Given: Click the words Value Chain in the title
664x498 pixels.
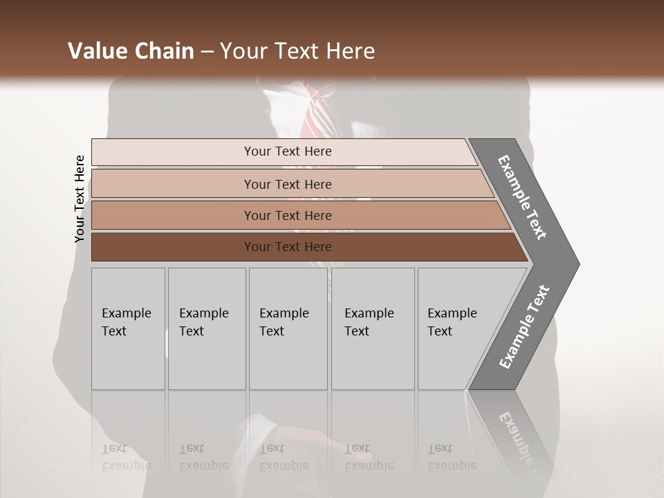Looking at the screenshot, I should (131, 51).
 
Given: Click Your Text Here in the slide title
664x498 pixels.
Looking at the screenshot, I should (297, 51).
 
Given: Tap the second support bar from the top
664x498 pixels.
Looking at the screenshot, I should (288, 184).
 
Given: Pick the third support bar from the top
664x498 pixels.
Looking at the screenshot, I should (288, 215).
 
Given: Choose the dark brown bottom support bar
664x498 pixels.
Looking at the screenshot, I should (288, 247).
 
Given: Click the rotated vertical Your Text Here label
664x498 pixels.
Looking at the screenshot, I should (80, 199).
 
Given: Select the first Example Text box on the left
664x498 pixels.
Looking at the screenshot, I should (128, 328).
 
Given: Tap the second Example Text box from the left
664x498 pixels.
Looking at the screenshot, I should (206, 328).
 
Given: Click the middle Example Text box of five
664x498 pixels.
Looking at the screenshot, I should (287, 328).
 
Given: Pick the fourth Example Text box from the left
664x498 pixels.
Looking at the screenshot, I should (372, 328).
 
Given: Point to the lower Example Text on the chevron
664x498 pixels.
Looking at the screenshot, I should (525, 327).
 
